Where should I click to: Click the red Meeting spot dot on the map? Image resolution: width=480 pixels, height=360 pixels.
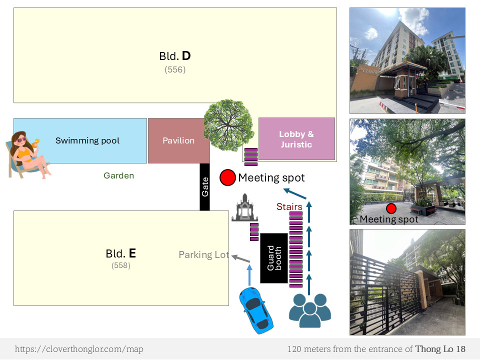(x=227, y=177)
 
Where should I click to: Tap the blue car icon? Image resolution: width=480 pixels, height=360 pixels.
(x=257, y=310)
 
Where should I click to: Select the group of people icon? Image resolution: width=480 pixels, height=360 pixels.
(x=310, y=310)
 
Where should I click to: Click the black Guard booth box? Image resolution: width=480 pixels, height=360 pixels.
(x=274, y=258)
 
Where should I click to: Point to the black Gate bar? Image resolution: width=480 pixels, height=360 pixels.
(x=204, y=186)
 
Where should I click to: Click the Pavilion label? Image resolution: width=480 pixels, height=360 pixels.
(x=178, y=140)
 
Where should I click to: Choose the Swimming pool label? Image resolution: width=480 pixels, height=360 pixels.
(x=87, y=140)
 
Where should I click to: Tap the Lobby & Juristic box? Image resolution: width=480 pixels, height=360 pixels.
(x=296, y=139)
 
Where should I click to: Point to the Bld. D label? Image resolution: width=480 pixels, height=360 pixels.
(x=175, y=56)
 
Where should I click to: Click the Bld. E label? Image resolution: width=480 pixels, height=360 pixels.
(x=121, y=253)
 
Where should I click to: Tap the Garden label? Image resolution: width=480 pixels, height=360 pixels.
(x=118, y=175)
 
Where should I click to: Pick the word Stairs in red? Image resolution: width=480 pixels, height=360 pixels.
(x=289, y=206)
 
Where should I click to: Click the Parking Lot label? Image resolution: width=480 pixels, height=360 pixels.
(x=203, y=254)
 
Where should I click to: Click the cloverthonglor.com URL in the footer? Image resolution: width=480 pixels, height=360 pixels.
(x=79, y=349)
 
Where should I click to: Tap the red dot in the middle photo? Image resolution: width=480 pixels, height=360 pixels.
(x=391, y=208)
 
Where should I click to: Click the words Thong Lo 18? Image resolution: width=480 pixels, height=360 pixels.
(x=440, y=349)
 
